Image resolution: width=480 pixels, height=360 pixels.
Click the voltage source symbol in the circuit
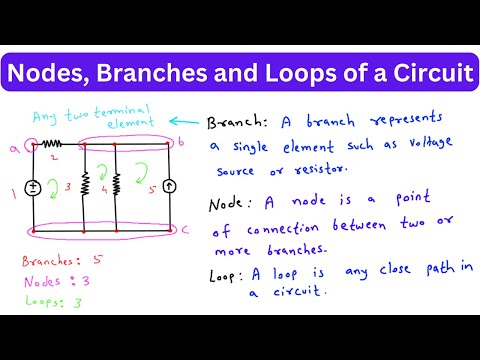[33, 187]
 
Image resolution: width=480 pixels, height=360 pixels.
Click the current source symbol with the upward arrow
[171, 186]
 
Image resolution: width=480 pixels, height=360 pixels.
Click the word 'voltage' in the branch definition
[422, 145]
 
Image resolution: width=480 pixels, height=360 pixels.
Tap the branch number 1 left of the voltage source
[13, 187]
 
